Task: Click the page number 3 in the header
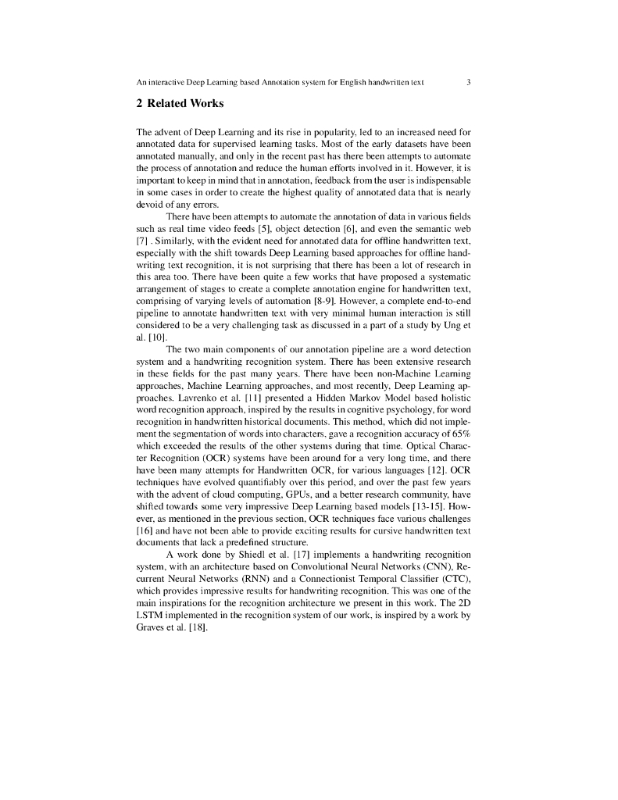tap(467, 82)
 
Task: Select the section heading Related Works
tap(180, 103)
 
